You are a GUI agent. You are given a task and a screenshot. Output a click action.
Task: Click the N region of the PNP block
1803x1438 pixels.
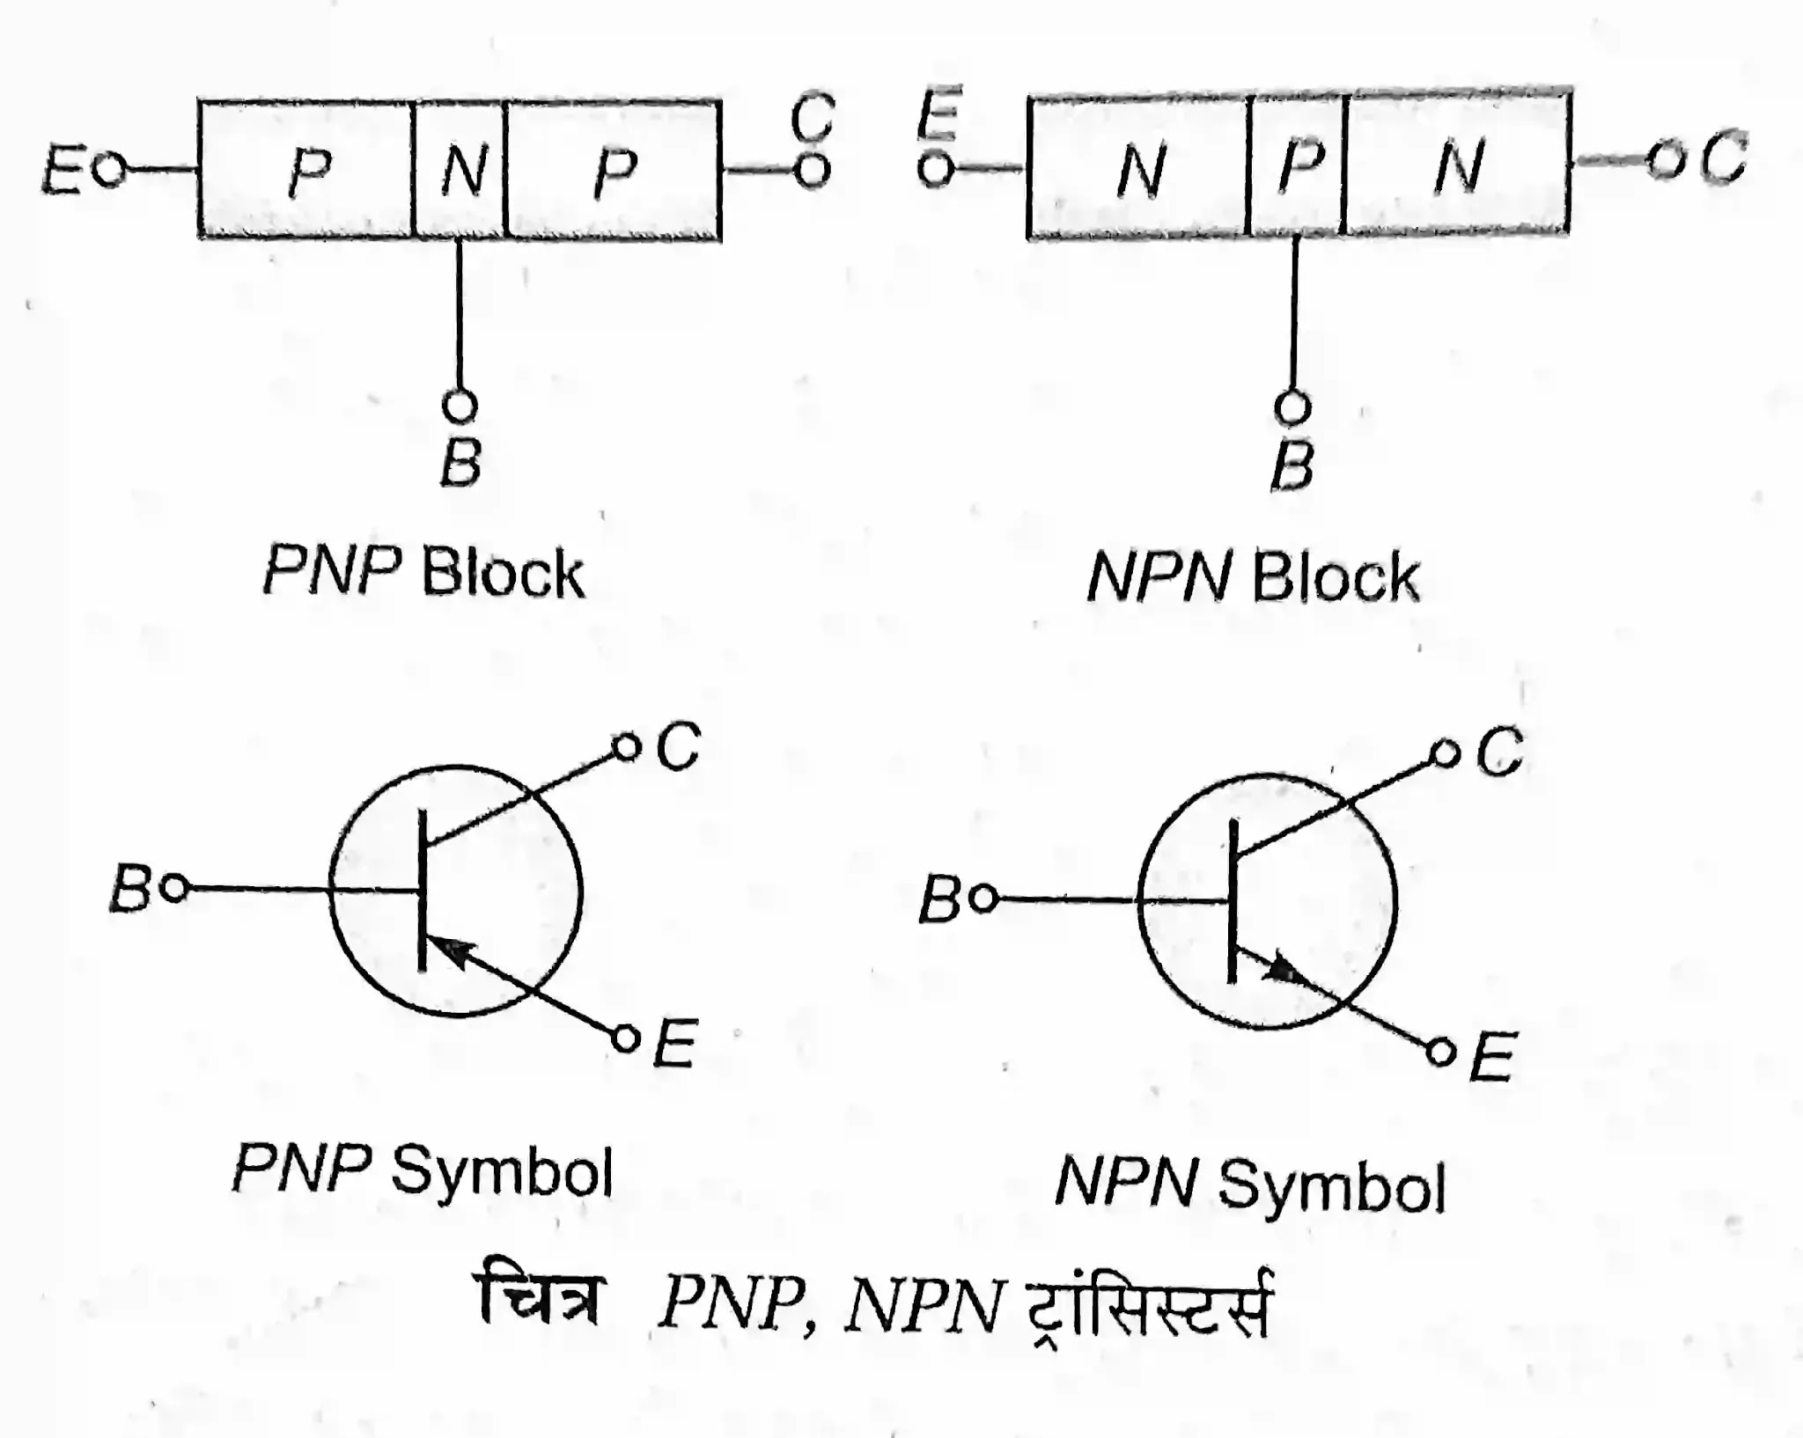point(460,170)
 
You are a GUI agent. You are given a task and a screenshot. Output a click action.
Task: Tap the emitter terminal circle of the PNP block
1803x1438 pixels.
point(109,169)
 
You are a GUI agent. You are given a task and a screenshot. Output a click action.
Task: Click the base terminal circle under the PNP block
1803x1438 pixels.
point(459,406)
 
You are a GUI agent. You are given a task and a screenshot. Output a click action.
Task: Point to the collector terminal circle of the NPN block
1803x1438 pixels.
point(1663,160)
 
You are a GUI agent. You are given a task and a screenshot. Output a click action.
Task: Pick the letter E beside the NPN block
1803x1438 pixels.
point(938,114)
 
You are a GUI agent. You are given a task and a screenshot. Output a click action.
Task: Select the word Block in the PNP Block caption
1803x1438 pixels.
point(503,575)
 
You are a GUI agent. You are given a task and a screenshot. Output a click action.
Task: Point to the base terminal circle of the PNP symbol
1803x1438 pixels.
point(176,889)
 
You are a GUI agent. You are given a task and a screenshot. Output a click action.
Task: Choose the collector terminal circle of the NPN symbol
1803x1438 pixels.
point(1444,754)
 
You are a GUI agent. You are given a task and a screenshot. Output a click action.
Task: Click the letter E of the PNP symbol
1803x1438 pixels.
point(675,1044)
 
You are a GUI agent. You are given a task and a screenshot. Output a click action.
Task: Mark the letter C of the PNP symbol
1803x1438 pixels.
point(679,747)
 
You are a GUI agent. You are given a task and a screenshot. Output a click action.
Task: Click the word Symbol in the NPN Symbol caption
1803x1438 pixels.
point(1331,1185)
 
